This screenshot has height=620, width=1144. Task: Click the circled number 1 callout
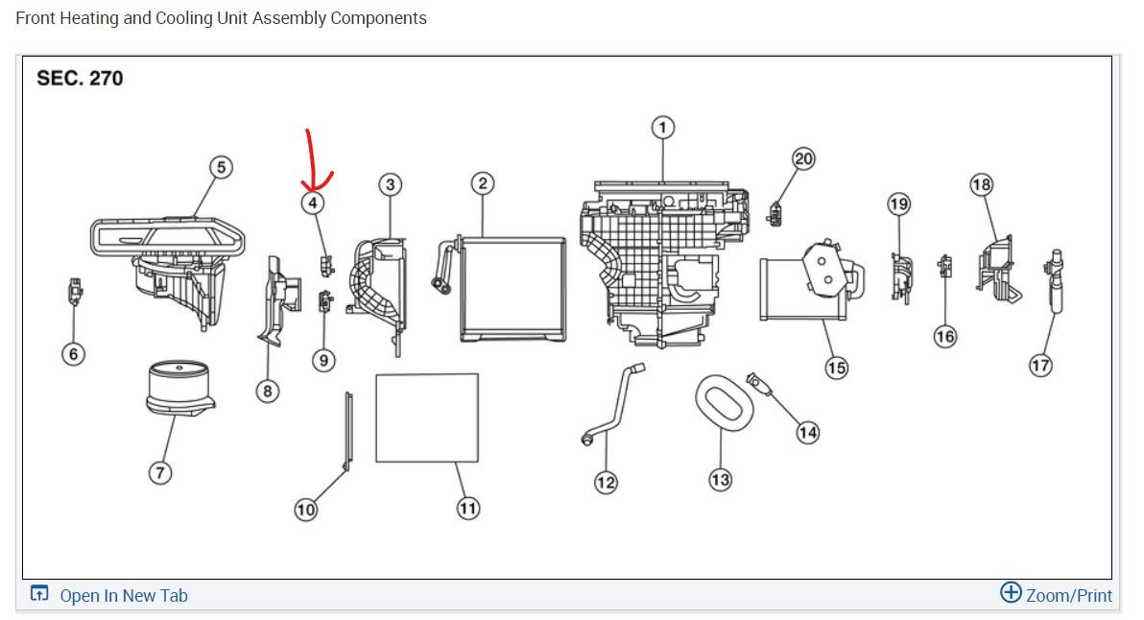[x=662, y=127]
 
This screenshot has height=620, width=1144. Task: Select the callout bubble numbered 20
[x=803, y=159]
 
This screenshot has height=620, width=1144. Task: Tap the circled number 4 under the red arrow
[x=312, y=203]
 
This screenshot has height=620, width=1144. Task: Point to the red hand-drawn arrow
[x=313, y=163]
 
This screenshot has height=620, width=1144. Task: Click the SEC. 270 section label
[x=80, y=78]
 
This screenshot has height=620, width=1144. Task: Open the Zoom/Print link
[x=1056, y=595]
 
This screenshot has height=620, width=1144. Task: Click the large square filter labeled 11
[x=427, y=417]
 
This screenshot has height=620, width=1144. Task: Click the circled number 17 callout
[x=1040, y=365]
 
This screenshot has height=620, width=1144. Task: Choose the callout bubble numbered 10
[x=305, y=510]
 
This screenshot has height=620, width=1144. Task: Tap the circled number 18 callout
[x=981, y=184]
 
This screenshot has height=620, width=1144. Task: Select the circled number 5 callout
[x=221, y=167]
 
